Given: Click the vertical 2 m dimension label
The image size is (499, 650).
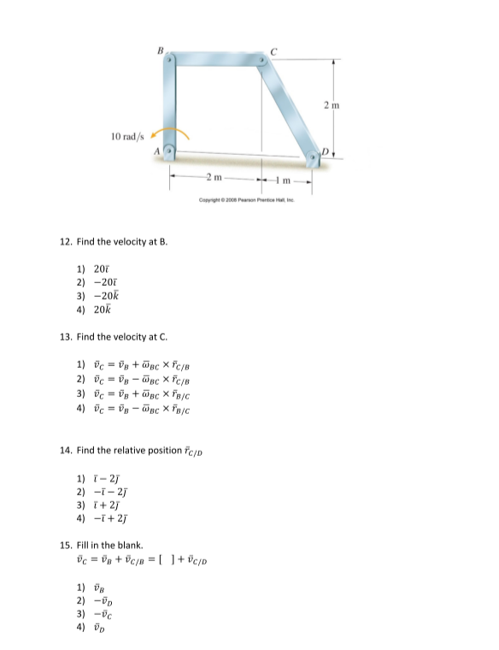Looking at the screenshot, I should pyautogui.click(x=341, y=104).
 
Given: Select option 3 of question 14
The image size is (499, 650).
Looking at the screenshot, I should pyautogui.click(x=95, y=505).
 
